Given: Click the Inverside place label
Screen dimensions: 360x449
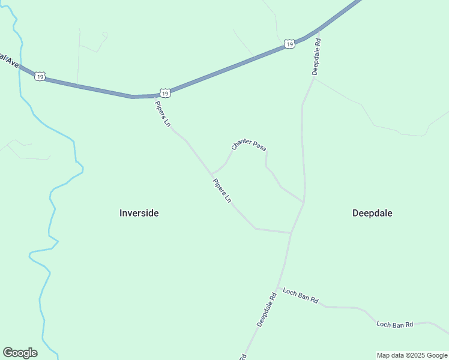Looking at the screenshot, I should pos(139,213).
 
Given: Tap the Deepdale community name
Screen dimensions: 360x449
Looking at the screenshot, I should pos(372,213).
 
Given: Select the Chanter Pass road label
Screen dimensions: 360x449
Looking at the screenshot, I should pos(249,145).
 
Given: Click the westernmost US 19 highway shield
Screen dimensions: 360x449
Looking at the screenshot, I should pos(40,77).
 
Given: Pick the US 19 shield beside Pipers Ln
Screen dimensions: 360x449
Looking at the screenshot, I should pos(165,93).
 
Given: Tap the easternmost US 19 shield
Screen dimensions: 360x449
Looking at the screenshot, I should pos(289,44).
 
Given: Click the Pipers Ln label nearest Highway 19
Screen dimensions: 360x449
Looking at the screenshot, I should pos(163,113).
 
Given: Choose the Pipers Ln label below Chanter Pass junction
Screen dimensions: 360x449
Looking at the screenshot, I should pos(221,190).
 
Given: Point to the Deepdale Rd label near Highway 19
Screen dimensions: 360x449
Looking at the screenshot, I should pos(316,56).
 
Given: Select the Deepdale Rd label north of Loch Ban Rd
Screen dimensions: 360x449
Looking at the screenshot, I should pos(266,309).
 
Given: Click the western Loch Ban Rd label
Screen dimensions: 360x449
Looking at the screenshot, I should pos(300,296).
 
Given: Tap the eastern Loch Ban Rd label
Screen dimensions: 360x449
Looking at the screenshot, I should pos(395,325).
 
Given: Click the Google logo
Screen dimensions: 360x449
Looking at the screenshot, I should pos(20,353).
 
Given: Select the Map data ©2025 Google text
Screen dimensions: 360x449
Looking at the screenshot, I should pos(412,355).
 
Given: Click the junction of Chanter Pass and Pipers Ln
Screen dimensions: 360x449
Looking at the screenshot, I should pos(211,174).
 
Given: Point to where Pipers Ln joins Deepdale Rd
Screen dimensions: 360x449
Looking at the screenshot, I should pos(291,232).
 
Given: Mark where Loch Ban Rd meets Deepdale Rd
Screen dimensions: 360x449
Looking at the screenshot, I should pos(279,287).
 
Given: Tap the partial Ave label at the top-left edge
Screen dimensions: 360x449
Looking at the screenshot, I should pos(8,60).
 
